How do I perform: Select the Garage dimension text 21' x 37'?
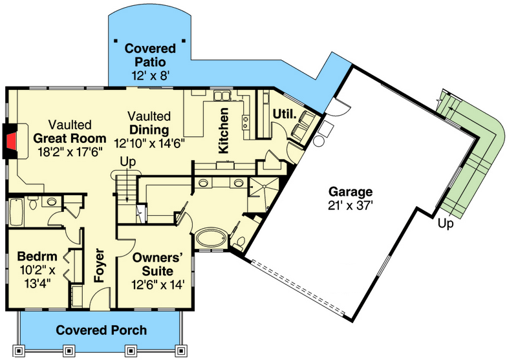point(350,206)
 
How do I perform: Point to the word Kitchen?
point(223,131)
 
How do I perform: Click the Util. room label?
point(284,114)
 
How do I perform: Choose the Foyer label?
point(100,265)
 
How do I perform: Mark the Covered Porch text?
point(101,330)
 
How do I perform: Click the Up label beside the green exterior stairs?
point(446,224)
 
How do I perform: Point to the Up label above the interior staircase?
point(127,162)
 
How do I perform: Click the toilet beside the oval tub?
point(240,243)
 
